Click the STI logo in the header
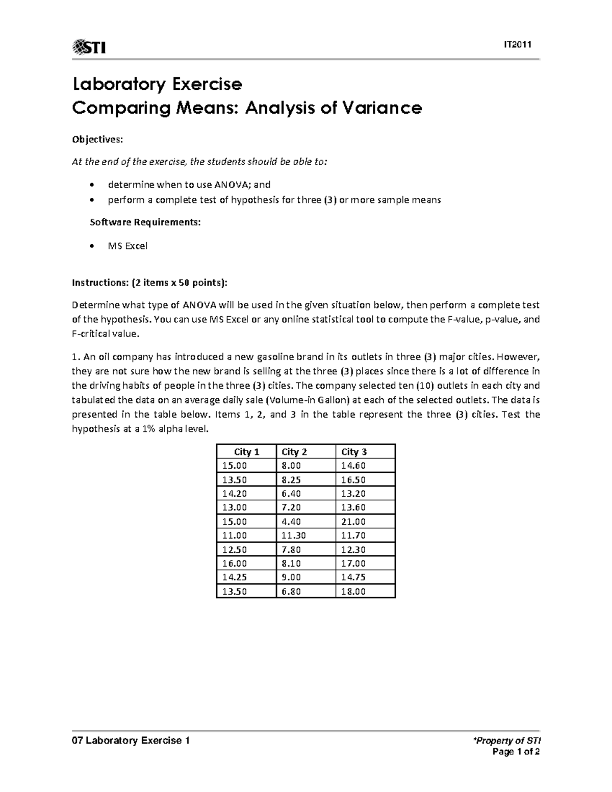pyautogui.click(x=90, y=47)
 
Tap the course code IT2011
pyautogui.click(x=518, y=45)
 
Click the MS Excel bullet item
pyautogui.click(x=127, y=246)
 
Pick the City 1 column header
pyautogui.click(x=246, y=452)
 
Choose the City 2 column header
pyautogui.click(x=294, y=452)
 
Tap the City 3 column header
pyautogui.click(x=354, y=452)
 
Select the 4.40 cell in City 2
pyautogui.click(x=291, y=522)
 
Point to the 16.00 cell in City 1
pyautogui.click(x=234, y=564)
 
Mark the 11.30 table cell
pyautogui.click(x=294, y=535)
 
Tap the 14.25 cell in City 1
pyautogui.click(x=234, y=577)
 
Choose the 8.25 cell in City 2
pyautogui.click(x=291, y=480)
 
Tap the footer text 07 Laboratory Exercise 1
pyautogui.click(x=131, y=741)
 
